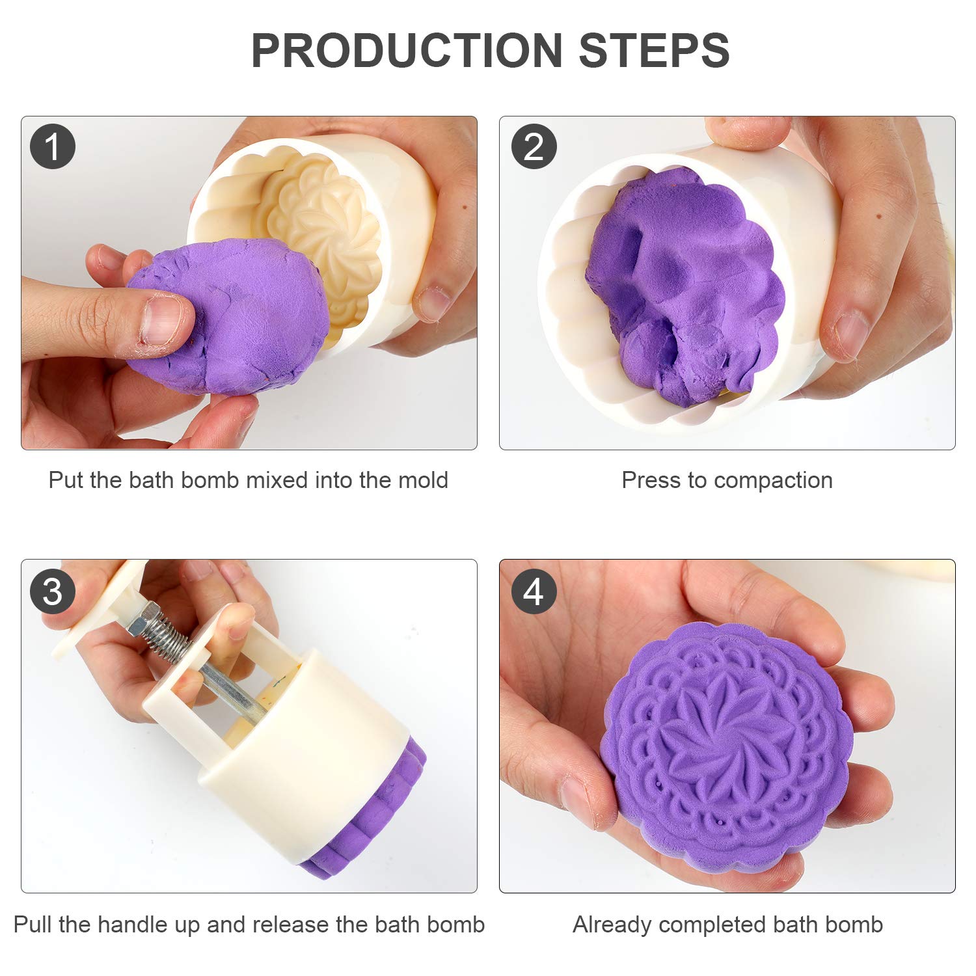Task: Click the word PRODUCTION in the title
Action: [x=407, y=51]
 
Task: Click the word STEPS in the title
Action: [x=654, y=51]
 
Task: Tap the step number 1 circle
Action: [x=53, y=146]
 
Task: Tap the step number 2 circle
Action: [x=534, y=146]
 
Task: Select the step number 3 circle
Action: [x=53, y=591]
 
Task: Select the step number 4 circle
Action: [x=534, y=591]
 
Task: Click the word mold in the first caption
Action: [x=423, y=480]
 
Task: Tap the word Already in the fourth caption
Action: [x=612, y=925]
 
